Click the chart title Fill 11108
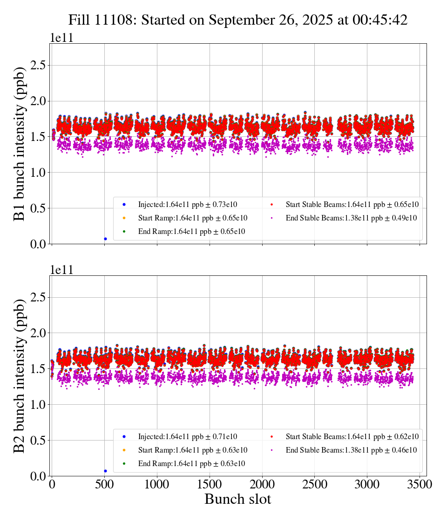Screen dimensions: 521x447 tap(238, 20)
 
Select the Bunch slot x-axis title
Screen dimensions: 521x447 tap(237, 499)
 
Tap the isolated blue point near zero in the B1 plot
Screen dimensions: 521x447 tap(105, 239)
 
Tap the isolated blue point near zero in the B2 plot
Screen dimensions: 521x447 tap(105, 471)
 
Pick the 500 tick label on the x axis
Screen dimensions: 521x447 tap(104, 485)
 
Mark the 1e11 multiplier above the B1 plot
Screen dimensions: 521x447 tap(62, 38)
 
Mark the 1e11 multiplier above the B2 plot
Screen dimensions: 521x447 tap(62, 270)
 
